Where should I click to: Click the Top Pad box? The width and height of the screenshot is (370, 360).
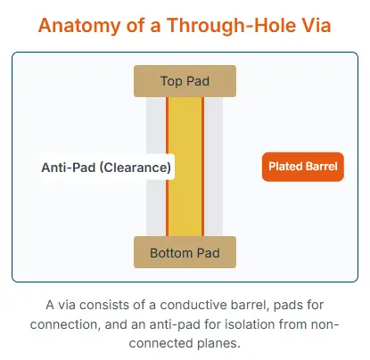pos(185,81)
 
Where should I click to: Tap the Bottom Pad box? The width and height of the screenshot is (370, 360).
pos(185,252)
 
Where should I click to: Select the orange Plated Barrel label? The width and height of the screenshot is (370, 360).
pos(302,167)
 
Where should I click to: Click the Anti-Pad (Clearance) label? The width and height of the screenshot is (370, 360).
pos(106,167)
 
